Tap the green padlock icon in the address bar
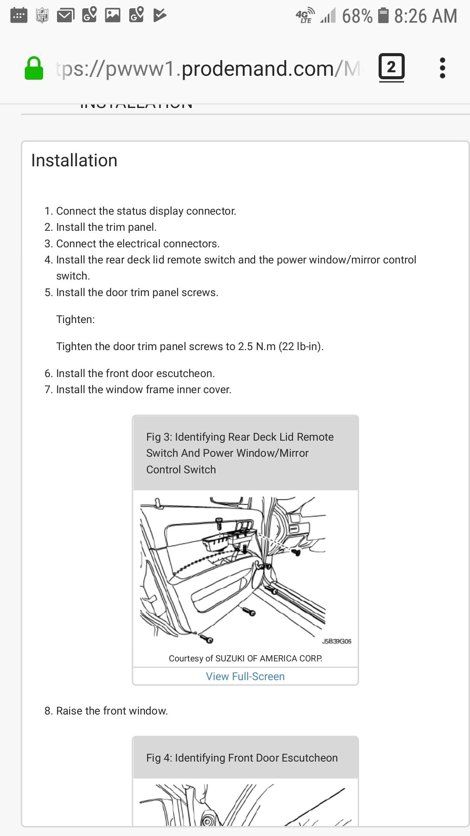pyautogui.click(x=34, y=69)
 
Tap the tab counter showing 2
pyautogui.click(x=391, y=67)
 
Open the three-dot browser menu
pyautogui.click(x=442, y=68)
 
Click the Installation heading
pyautogui.click(x=74, y=161)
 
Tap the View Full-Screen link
pyautogui.click(x=245, y=676)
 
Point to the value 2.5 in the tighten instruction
pyautogui.click(x=245, y=347)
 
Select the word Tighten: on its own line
pyautogui.click(x=75, y=320)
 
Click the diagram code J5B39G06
pyautogui.click(x=336, y=641)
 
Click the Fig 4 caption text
pyautogui.click(x=242, y=758)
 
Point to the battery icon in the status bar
pyautogui.click(x=383, y=16)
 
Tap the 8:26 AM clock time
pyautogui.click(x=425, y=16)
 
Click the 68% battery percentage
pyautogui.click(x=357, y=16)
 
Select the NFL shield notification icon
pyautogui.click(x=42, y=16)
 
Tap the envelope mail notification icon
pyautogui.click(x=66, y=16)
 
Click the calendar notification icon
pyautogui.click(x=19, y=16)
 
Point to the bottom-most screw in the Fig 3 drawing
pyautogui.click(x=206, y=639)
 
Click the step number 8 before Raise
pyautogui.click(x=48, y=711)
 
